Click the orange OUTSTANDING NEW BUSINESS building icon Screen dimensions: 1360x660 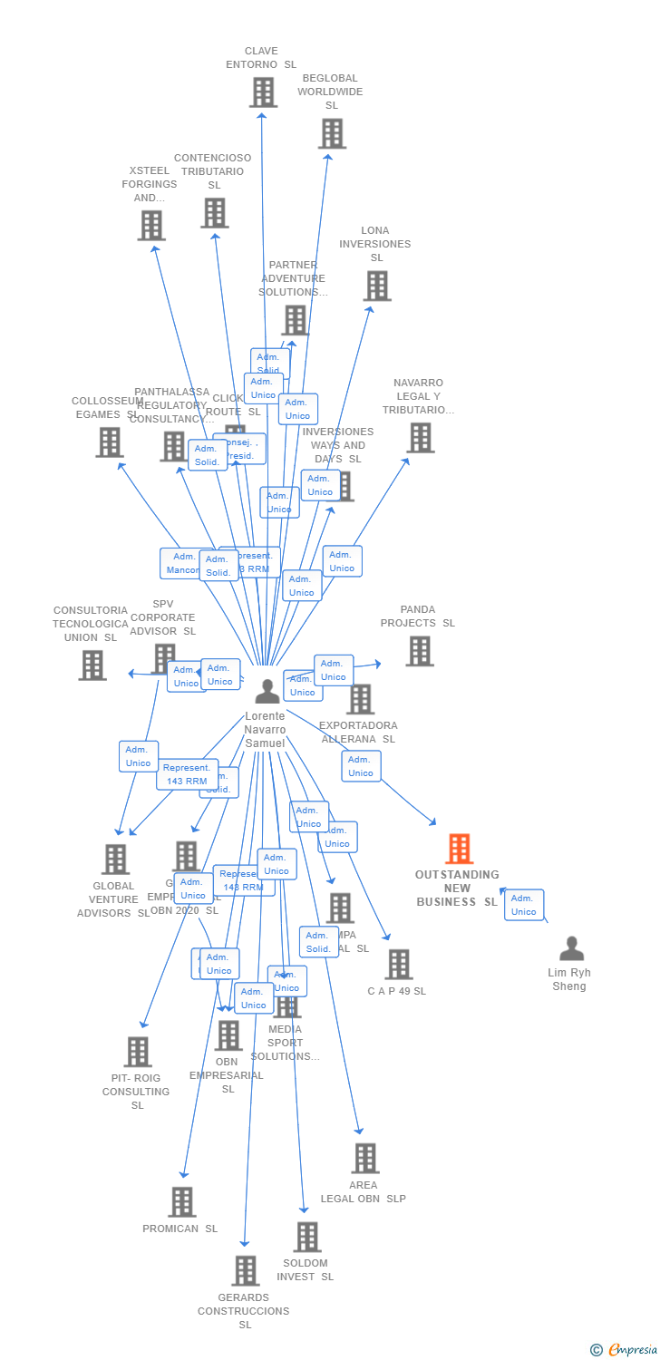460,849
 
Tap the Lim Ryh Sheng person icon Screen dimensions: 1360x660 571,948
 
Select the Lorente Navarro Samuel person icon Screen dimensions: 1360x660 267,692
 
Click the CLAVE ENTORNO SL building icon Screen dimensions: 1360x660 263,92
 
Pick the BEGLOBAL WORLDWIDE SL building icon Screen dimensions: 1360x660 332,133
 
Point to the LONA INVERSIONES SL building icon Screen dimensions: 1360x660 376,286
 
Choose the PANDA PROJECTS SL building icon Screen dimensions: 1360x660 419,651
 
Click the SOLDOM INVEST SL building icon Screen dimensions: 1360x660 307,1237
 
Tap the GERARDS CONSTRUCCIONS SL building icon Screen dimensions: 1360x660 245,1271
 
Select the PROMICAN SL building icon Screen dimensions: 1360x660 181,1202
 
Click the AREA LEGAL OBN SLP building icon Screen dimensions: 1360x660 364,1158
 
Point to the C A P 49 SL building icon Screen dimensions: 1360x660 398,965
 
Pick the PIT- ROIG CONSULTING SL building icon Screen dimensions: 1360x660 137,1052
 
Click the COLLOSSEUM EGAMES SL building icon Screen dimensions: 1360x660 109,442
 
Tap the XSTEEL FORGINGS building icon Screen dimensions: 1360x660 150,226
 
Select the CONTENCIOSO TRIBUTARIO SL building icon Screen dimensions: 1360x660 214,213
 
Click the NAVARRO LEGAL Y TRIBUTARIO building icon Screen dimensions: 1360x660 420,438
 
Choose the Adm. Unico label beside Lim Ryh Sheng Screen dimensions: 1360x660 523,905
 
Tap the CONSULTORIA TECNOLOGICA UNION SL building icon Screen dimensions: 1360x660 92,665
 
